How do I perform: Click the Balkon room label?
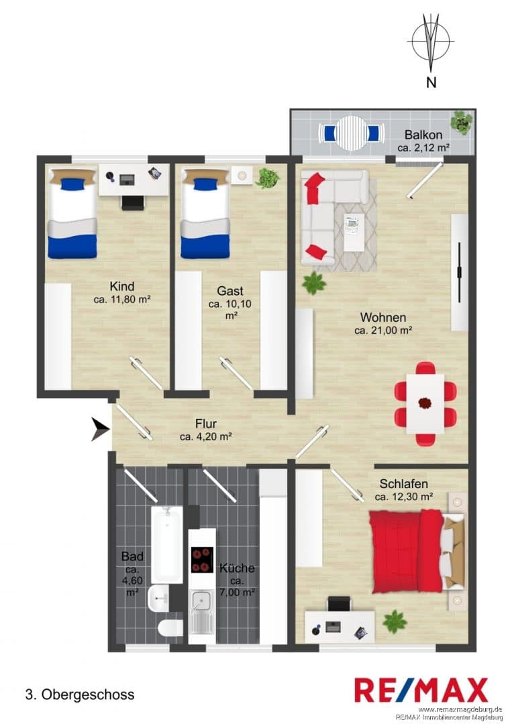coord(423,135)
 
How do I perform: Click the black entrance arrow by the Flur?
coord(100,430)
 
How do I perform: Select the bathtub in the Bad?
coord(167,544)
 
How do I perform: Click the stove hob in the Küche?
coord(202,560)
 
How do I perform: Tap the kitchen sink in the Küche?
coord(201,605)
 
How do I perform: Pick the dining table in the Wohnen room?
coord(425,403)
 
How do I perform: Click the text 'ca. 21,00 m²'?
coord(383,330)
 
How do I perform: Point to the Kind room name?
coord(122,286)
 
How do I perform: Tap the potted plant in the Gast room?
coord(268,178)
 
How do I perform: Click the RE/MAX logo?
coord(421,690)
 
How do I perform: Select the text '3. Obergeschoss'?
coord(80,695)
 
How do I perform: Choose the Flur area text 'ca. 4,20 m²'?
coord(206,437)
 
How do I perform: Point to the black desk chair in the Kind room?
coord(133,202)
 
